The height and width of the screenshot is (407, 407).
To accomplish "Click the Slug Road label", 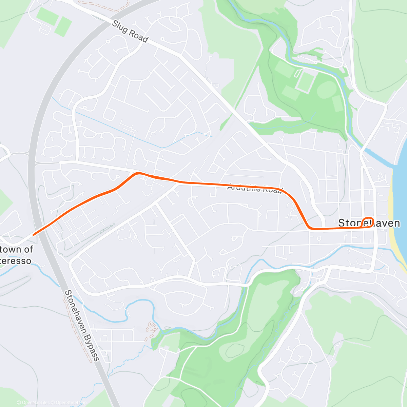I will click(130, 32).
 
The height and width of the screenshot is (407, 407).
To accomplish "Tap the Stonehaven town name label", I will click(369, 223).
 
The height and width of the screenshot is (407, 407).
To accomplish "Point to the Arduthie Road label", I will click(254, 188).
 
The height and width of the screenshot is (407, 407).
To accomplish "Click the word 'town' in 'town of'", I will click(11, 249).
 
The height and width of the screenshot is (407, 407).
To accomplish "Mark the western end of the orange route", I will click(33, 235).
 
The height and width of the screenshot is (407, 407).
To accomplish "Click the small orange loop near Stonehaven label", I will click(368, 221).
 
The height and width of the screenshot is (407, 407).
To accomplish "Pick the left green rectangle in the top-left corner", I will click(47, 16).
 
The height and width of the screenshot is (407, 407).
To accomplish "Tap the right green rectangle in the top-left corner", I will click(63, 26).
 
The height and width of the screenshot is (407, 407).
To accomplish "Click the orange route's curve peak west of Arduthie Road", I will click(137, 174).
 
